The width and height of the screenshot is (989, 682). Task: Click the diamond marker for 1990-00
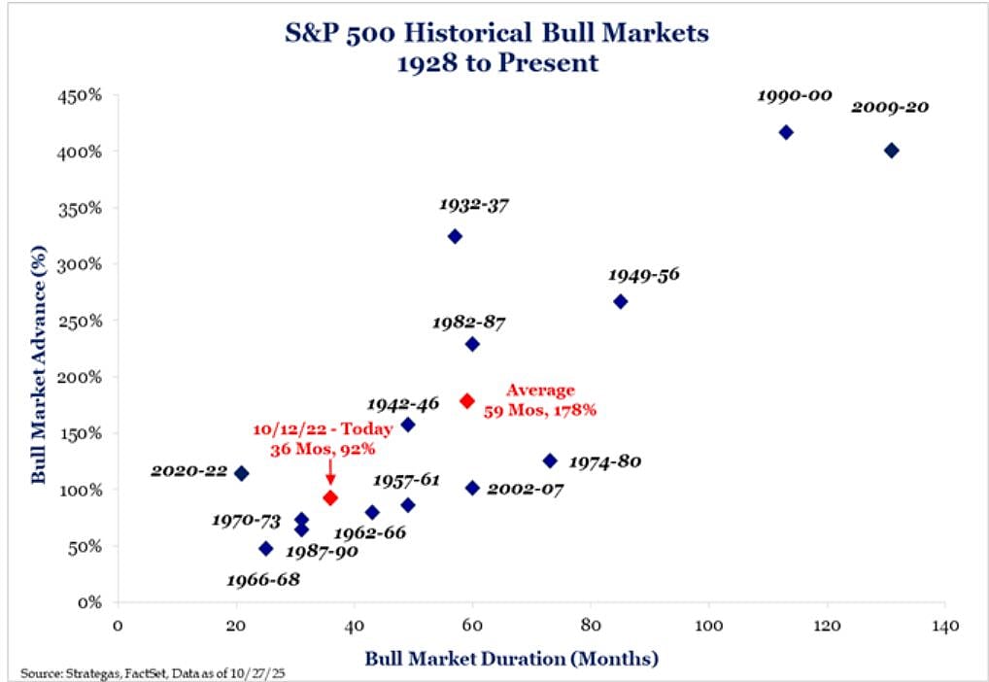point(786,132)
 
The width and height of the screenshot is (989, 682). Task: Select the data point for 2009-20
point(891,151)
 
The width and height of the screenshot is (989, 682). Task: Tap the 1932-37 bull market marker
point(455,236)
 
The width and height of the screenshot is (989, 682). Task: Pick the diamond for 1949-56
point(621,301)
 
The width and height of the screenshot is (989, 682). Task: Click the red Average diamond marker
point(466,400)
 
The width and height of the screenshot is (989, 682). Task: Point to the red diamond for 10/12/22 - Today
point(330,497)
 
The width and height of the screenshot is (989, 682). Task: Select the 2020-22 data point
point(242,473)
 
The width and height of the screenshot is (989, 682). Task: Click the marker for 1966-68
point(265,548)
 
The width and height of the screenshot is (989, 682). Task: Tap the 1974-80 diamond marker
point(550,460)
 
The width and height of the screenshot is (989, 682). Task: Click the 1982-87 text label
point(470,322)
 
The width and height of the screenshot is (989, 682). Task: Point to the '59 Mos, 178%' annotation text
point(540,410)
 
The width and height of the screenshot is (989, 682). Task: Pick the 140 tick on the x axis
point(944,624)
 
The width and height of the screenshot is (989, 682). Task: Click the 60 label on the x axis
point(471,624)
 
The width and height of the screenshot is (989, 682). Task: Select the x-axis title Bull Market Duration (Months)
point(512,659)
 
